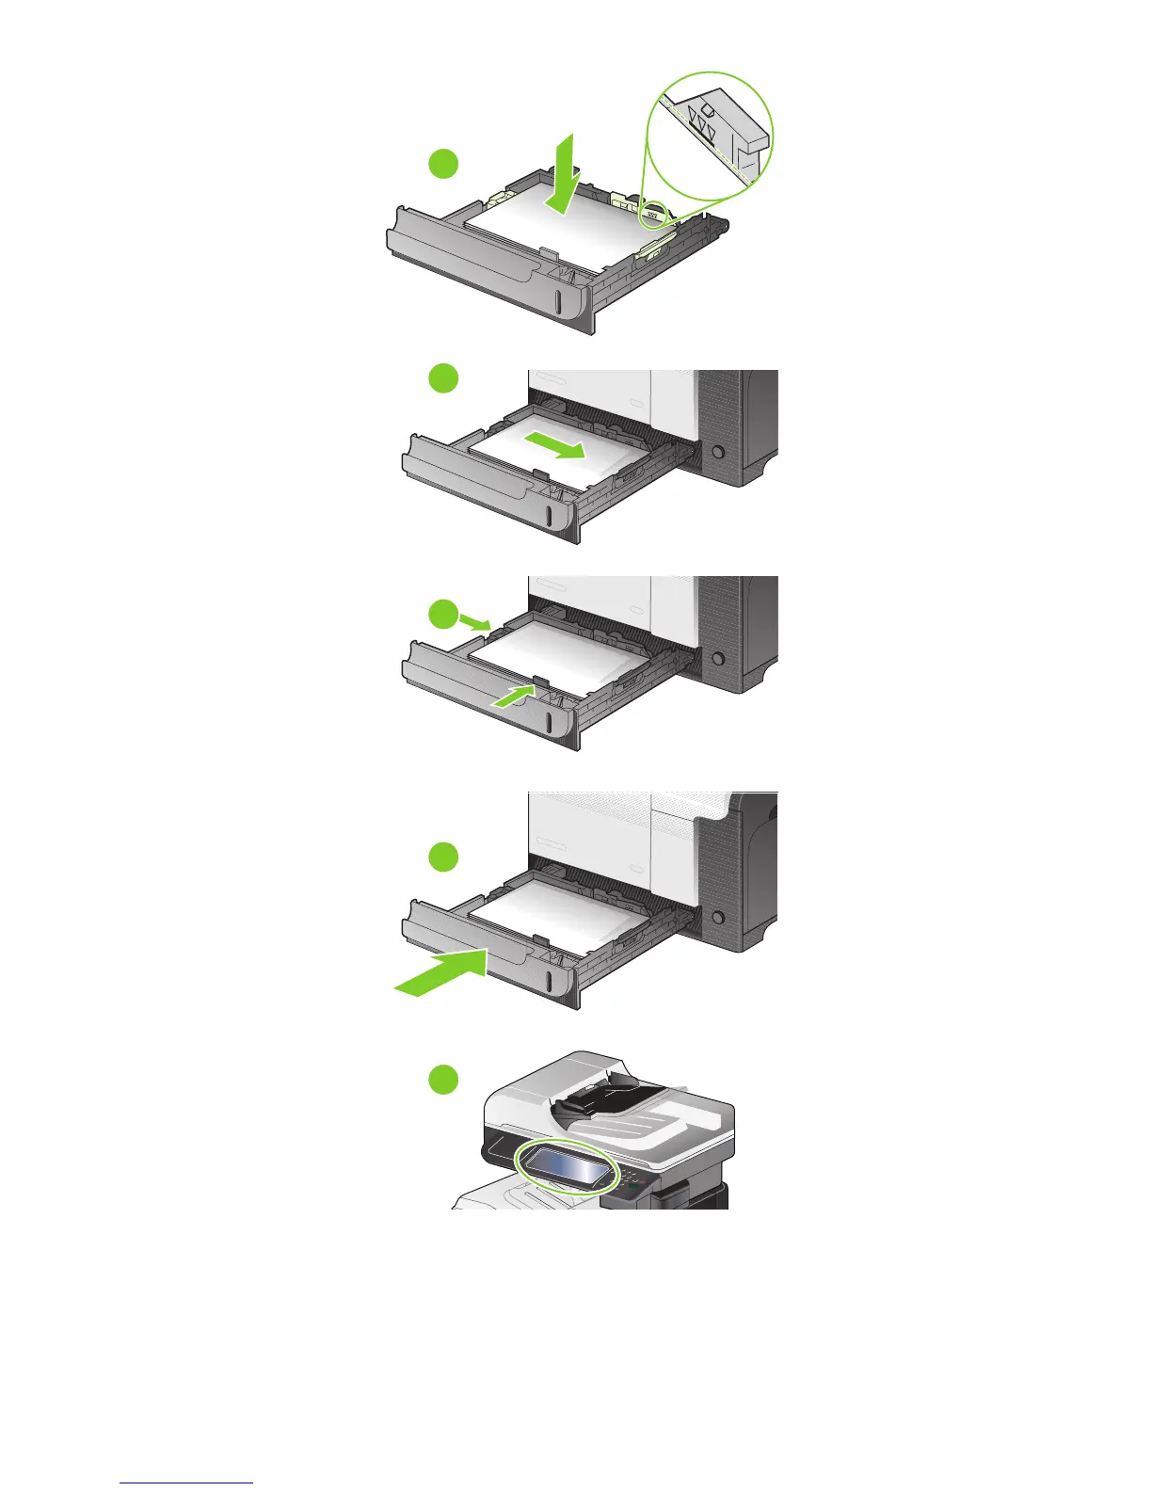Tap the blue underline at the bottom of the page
pos(186,1483)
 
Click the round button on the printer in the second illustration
pos(717,453)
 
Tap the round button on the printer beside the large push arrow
pos(717,915)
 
